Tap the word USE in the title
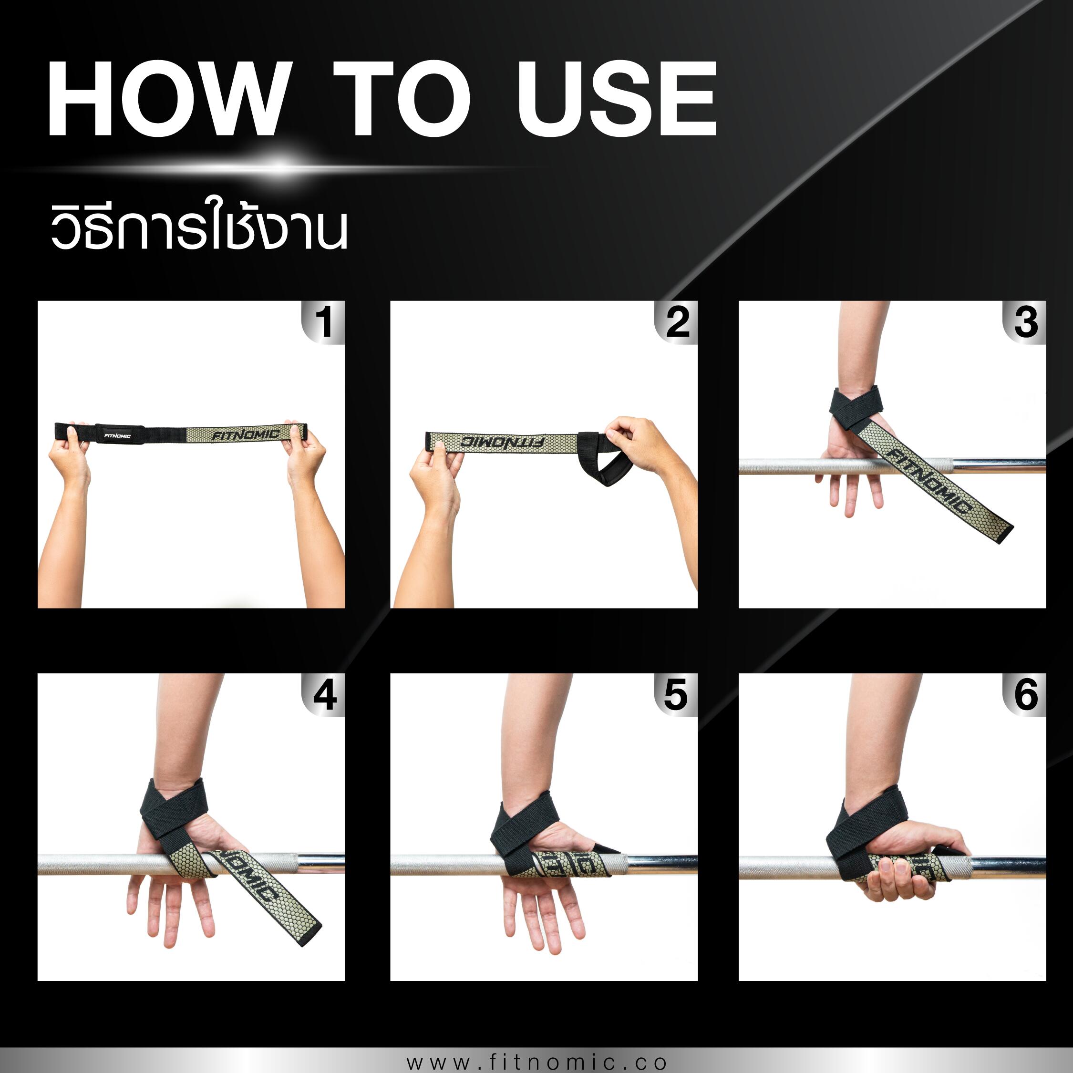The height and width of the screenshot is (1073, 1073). click(617, 99)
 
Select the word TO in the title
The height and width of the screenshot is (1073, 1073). click(401, 99)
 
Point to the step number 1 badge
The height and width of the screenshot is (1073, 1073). click(323, 322)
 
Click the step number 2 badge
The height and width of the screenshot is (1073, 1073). click(676, 322)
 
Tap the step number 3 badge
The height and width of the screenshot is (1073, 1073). click(1025, 322)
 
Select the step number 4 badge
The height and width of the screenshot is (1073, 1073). click(323, 695)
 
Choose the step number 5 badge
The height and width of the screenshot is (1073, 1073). click(676, 695)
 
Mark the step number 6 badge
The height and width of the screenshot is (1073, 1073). click(1025, 695)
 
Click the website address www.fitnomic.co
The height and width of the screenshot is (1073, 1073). click(536, 1062)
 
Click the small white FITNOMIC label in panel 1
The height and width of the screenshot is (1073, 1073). click(117, 436)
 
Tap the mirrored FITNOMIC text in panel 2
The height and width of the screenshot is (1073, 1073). click(502, 443)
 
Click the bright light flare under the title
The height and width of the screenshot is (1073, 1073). click(280, 166)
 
